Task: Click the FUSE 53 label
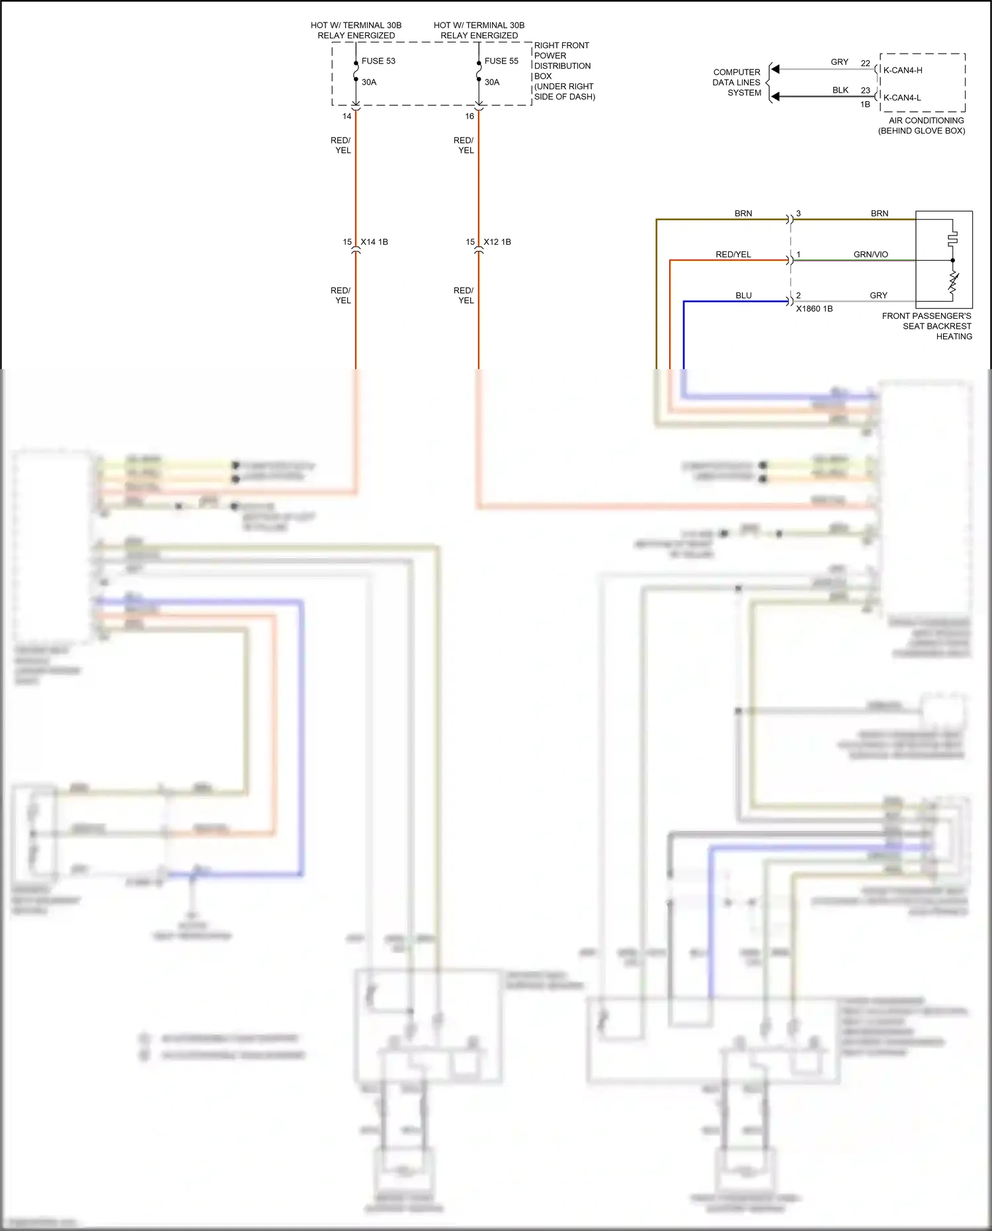[x=378, y=61]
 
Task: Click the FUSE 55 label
[x=501, y=61]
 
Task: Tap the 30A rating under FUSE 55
[x=492, y=82]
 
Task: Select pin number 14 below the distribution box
[x=347, y=116]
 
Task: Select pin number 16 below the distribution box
[x=470, y=116]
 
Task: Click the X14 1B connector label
[x=374, y=242]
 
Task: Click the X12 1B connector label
[x=497, y=242]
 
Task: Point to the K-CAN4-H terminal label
[x=903, y=70]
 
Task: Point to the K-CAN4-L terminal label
[x=902, y=98]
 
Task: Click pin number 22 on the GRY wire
[x=866, y=64]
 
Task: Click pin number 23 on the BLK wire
[x=866, y=91]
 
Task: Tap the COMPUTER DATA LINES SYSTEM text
[x=737, y=83]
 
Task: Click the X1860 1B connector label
[x=814, y=309]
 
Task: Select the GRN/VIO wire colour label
[x=870, y=255]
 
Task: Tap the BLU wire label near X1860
[x=743, y=296]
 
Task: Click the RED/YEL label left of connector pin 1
[x=733, y=255]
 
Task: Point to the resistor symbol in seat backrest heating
[x=953, y=282]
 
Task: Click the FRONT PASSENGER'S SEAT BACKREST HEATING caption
[x=927, y=326]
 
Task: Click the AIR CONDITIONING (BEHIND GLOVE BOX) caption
[x=922, y=126]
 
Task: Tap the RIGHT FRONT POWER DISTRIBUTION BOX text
[x=563, y=71]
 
